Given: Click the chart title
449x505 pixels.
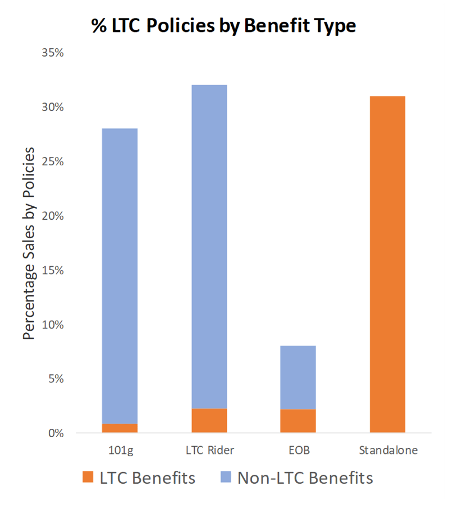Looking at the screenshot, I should (224, 26).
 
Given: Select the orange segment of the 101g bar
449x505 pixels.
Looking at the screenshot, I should (120, 428).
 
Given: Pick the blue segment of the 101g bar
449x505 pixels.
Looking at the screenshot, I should (120, 275).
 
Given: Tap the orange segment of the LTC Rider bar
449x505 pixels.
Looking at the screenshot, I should (209, 420).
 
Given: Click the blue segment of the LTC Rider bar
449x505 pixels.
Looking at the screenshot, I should (209, 247).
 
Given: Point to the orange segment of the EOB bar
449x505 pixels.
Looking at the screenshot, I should (298, 421).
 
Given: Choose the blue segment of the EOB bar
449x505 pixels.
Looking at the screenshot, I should (298, 377).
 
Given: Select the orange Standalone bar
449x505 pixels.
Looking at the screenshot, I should (387, 264).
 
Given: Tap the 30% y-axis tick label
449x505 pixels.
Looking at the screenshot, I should (53, 107).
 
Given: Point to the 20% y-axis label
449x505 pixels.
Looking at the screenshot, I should (53, 216).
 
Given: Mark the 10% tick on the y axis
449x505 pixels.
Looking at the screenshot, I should (53, 325).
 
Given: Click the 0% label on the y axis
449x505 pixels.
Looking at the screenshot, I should (55, 433).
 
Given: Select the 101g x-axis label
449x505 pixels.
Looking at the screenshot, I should (120, 450).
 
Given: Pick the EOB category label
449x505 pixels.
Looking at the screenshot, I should (298, 450).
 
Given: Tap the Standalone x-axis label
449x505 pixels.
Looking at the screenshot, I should (387, 450).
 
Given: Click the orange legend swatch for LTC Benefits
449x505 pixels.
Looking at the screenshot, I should (89, 478).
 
